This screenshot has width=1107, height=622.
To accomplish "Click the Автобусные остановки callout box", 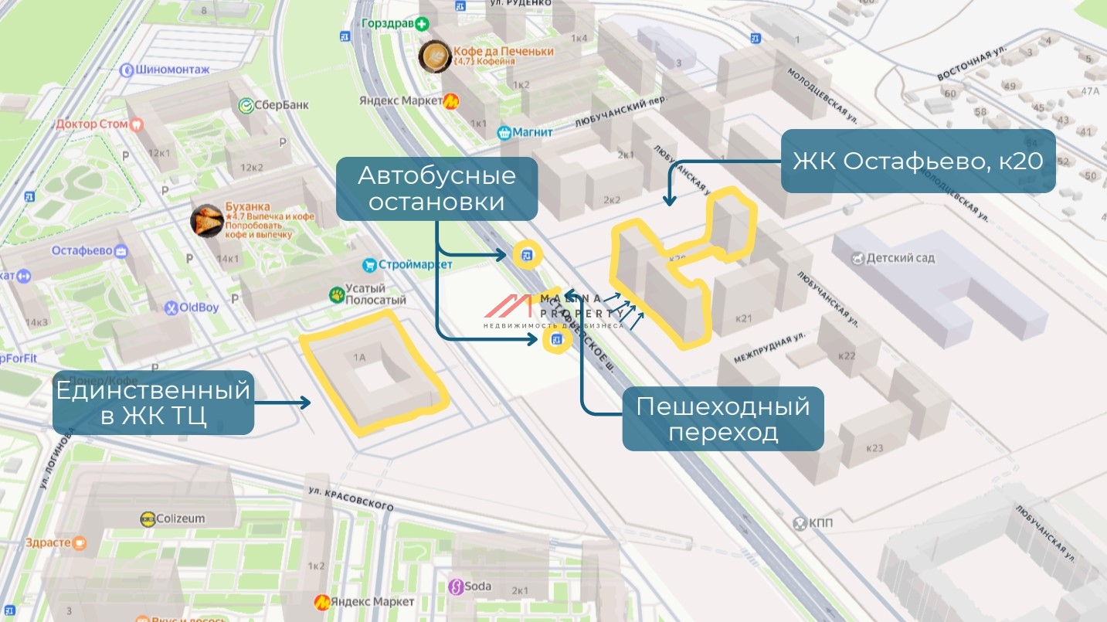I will (436, 189).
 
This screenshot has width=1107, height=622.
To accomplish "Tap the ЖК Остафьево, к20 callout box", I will (918, 161).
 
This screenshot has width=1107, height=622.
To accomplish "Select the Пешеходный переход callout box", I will (722, 419).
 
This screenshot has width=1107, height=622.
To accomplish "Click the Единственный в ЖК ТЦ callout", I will (153, 403).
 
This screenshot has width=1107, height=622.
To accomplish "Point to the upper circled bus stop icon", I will (527, 255).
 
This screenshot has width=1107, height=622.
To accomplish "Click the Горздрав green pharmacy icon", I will (422, 24).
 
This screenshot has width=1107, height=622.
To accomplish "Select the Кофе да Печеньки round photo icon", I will (434, 56).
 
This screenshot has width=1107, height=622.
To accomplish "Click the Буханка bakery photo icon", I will (207, 221).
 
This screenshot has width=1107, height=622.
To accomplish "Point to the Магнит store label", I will (525, 132).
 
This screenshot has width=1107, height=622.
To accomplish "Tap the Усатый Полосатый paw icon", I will (337, 294).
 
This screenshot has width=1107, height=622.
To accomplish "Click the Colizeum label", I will (173, 518).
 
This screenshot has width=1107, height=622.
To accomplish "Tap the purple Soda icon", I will (456, 586).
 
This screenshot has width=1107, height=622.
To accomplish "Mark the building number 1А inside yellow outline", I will (359, 357).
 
